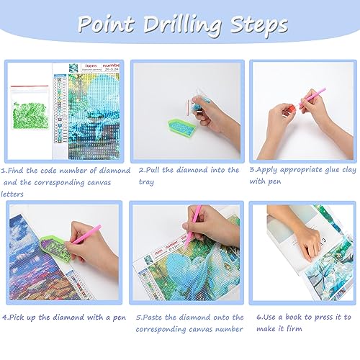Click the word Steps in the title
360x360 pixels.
(x=258, y=25)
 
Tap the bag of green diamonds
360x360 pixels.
(x=30, y=107)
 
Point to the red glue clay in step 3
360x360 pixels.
(x=291, y=109)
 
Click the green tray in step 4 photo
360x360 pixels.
(x=55, y=248)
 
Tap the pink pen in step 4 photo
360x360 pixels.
(x=86, y=235)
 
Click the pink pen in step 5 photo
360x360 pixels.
(x=192, y=226)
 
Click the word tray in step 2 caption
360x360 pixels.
(x=146, y=182)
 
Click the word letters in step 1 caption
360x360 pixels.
(x=12, y=194)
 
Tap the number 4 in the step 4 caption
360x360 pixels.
(x=4, y=318)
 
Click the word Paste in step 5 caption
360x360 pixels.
(x=152, y=317)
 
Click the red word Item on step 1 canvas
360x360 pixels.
(x=91, y=66)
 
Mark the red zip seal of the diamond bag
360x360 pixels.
(x=30, y=86)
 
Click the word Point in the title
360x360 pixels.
(x=106, y=24)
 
